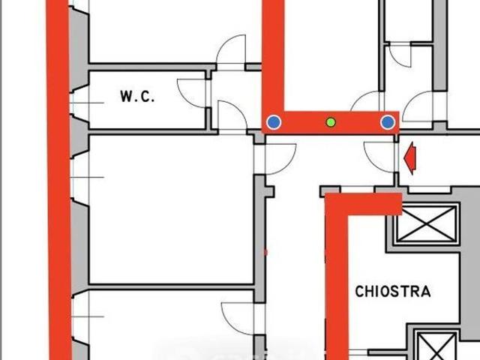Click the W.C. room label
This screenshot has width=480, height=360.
pyautogui.click(x=137, y=97)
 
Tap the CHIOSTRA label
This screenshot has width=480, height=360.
pyautogui.click(x=393, y=292)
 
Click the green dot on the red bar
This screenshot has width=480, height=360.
pyautogui.click(x=331, y=122)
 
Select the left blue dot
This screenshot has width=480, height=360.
pyautogui.click(x=274, y=122)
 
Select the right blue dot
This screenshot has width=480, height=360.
pyautogui.click(x=388, y=122)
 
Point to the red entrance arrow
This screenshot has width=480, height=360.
pyautogui.click(x=410, y=158)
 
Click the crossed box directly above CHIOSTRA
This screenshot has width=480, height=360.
pyautogui.click(x=427, y=223)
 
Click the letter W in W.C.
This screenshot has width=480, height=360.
pyautogui.click(x=126, y=97)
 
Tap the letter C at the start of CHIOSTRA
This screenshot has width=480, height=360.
pyautogui.click(x=358, y=292)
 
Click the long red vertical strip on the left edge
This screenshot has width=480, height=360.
pyautogui.click(x=58, y=180)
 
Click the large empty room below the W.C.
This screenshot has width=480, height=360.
pyautogui.click(x=172, y=209)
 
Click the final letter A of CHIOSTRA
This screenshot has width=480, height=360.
pyautogui.click(x=426, y=292)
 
